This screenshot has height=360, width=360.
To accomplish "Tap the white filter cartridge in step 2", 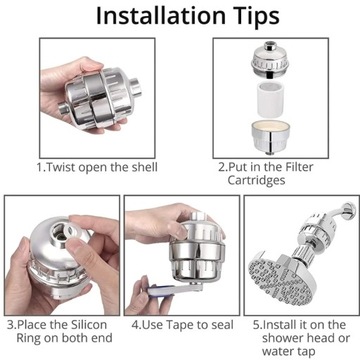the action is pos(271,99).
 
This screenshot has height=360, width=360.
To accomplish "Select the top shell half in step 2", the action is pos(270,59).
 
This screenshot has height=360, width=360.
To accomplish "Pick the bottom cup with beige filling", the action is pos(270,136).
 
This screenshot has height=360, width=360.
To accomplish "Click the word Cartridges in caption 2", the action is pos(256,180).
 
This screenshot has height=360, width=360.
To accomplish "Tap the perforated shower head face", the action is pos(282,279).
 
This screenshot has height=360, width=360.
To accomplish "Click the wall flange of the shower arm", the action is pos(348,210).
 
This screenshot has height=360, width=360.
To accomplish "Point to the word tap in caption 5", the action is pos(302,351).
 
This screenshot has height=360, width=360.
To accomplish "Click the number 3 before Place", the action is pos(11,325).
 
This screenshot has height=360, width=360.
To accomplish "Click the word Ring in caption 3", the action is pos(28,339).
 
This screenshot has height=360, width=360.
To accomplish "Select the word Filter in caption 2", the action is pos(299,167).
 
